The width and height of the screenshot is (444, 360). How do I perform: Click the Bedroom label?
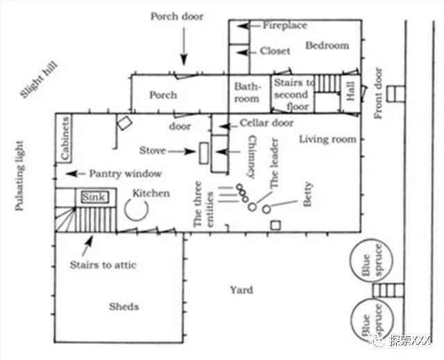tap(327, 46)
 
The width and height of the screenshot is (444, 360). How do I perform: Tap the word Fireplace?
tap(284, 26)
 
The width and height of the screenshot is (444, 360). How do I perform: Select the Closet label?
tap(275, 51)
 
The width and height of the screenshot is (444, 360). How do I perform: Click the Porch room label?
tap(163, 95)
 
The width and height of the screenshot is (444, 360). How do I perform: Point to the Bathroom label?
tap(246, 93)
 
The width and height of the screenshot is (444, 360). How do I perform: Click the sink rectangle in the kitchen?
tap(94, 198)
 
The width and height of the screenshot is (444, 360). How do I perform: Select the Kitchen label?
tap(151, 194)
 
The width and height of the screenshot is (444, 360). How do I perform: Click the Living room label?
tap(327, 139)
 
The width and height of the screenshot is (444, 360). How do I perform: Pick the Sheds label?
tap(124, 307)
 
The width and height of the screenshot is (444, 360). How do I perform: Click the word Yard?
tap(241, 290)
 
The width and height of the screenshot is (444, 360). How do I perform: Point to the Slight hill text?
tap(40, 80)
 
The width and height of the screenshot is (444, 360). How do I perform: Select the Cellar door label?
tap(266, 123)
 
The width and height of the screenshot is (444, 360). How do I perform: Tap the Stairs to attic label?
tap(103, 265)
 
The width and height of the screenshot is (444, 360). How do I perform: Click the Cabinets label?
tap(64, 138)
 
